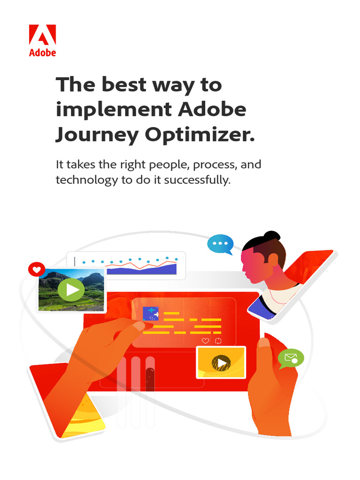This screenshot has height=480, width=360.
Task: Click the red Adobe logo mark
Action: pyautogui.click(x=42, y=36)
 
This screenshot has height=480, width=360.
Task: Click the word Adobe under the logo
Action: pyautogui.click(x=42, y=52)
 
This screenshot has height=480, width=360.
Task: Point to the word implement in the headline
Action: pyautogui.click(x=113, y=110)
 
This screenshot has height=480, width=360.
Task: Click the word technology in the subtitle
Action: pyautogui.click(x=86, y=180)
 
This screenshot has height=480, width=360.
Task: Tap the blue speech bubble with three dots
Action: pyautogui.click(x=220, y=244)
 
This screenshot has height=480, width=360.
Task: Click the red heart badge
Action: pyautogui.click(x=36, y=270)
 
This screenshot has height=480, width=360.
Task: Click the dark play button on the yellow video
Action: pyautogui.click(x=221, y=362)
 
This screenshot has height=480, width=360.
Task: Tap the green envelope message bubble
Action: pyautogui.click(x=291, y=359)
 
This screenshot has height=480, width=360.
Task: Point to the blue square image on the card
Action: pyautogui.click(x=150, y=313)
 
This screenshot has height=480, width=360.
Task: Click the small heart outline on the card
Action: pyautogui.click(x=205, y=341)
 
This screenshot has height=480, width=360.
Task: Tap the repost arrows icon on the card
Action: pyautogui.click(x=218, y=341)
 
